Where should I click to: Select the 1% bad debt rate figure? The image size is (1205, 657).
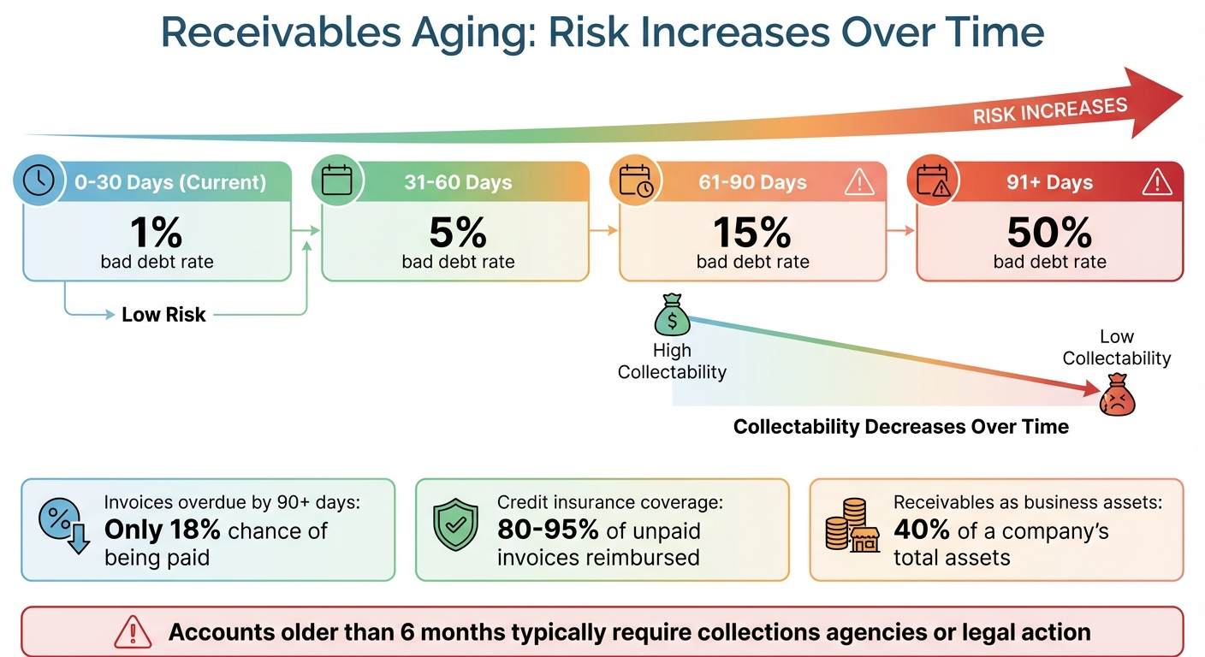[x=157, y=233]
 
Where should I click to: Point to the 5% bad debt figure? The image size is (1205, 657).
[x=459, y=233]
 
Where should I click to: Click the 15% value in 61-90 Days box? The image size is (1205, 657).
[x=752, y=233]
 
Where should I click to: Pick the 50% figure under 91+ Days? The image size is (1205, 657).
[x=1049, y=233]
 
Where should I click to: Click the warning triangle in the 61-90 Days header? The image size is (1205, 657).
[x=859, y=181]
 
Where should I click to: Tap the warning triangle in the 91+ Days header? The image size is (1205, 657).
[x=1157, y=181]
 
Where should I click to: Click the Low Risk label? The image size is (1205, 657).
[x=163, y=315]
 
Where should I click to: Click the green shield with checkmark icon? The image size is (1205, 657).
[x=454, y=526]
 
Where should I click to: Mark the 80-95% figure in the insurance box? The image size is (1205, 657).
[x=548, y=531]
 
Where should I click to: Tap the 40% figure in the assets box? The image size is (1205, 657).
[x=921, y=531]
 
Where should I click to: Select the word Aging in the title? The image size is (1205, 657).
[x=473, y=33]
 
